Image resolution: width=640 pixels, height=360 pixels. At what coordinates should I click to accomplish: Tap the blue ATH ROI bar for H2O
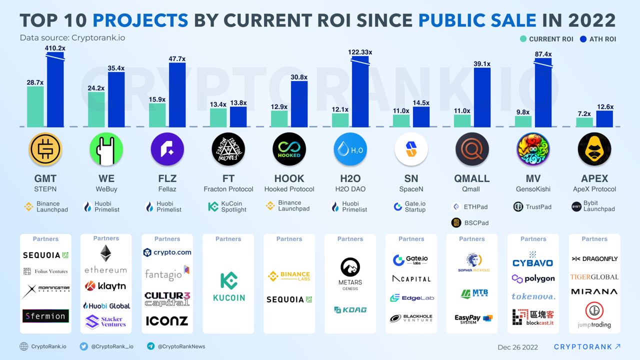[x=360, y=92]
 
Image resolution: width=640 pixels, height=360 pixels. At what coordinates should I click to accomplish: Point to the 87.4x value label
[x=543, y=54]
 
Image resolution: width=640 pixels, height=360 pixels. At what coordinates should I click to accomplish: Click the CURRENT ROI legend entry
[x=546, y=39]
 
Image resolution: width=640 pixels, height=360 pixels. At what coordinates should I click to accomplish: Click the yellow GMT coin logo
[x=45, y=149]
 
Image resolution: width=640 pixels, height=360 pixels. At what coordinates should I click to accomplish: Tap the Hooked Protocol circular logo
[x=289, y=149]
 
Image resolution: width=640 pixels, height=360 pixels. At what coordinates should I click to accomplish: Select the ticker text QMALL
[x=471, y=178]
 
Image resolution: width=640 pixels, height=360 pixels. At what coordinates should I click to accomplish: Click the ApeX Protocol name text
[x=594, y=189]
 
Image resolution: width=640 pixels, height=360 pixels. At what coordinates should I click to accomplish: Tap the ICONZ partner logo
[x=167, y=320]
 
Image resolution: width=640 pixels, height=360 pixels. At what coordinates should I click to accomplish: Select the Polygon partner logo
[x=533, y=278]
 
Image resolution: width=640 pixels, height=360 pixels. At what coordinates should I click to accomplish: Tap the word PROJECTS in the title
[x=140, y=20]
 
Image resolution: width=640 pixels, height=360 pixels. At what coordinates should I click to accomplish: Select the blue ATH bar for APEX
[x=604, y=118]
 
